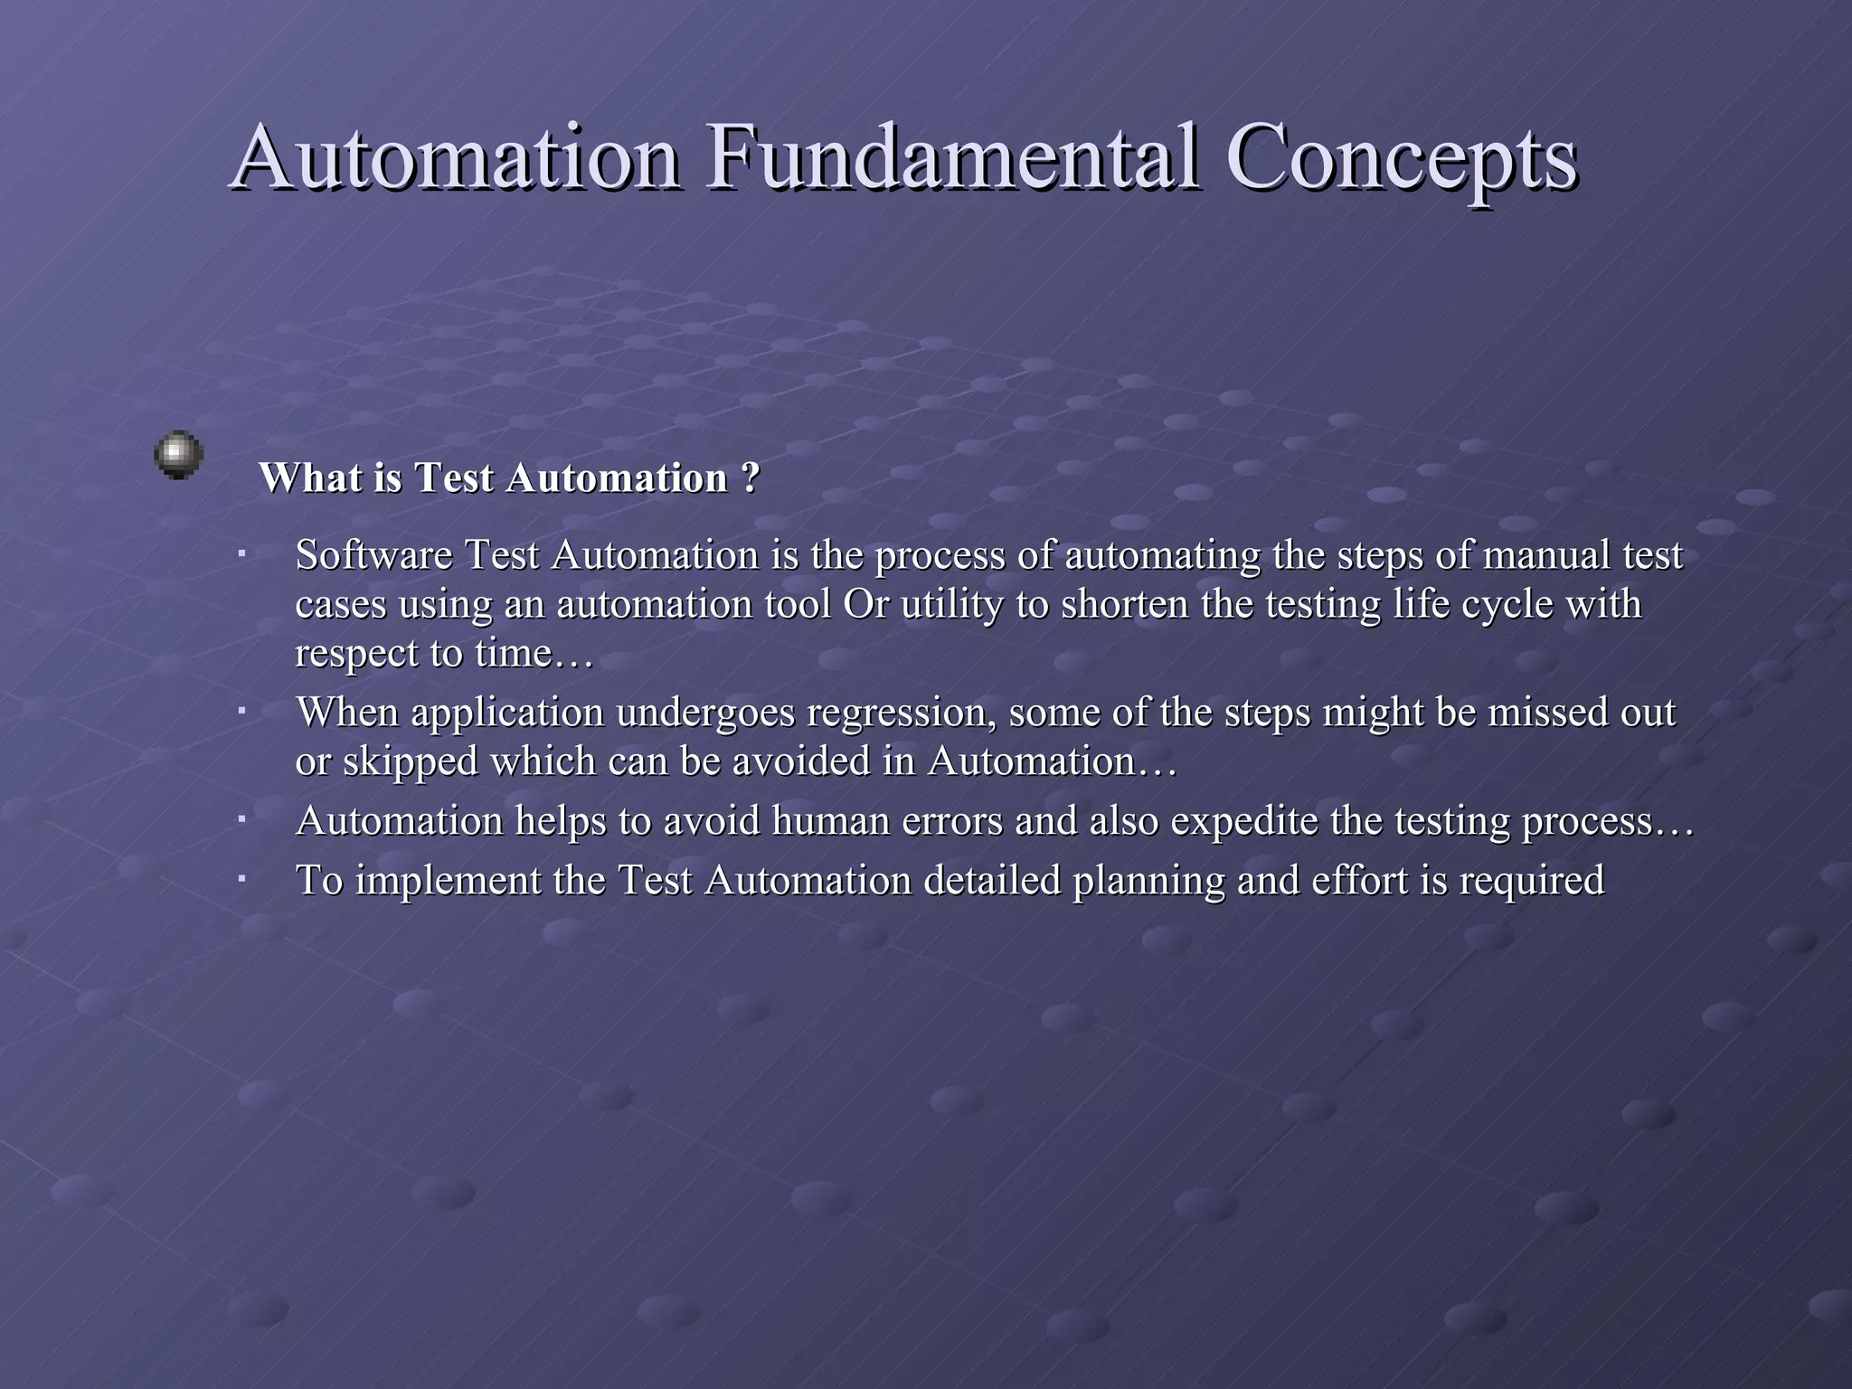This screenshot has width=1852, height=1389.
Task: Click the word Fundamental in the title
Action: click(954, 158)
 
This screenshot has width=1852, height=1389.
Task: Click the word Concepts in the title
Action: click(1402, 158)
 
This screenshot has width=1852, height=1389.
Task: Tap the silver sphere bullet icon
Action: click(178, 454)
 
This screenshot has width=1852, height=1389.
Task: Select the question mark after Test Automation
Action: click(751, 477)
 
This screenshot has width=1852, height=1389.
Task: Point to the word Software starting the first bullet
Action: click(373, 555)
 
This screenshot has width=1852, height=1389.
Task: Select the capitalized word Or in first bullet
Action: click(865, 604)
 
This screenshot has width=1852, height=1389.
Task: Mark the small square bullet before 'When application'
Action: click(242, 712)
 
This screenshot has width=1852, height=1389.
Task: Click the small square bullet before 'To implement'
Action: click(242, 878)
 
